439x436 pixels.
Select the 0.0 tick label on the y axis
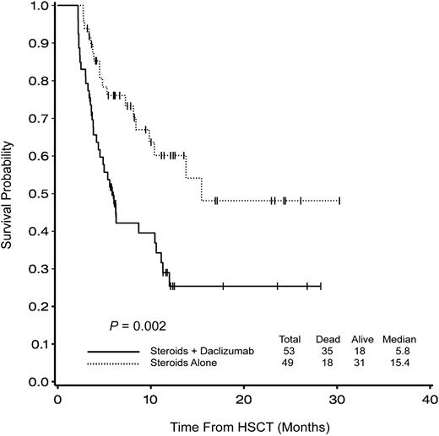point(36,382)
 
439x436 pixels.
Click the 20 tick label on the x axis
point(244,397)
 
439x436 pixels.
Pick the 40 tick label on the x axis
point(430,397)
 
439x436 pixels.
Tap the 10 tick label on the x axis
point(150,397)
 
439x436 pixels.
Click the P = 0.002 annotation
point(128,324)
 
